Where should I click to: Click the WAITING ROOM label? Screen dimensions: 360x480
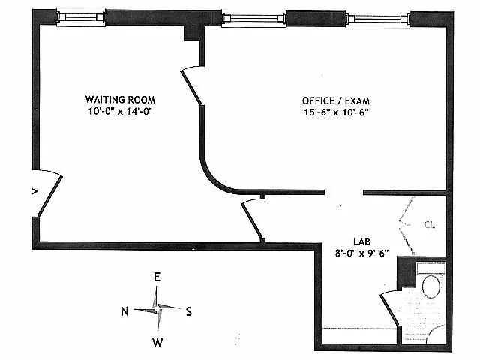[120, 99]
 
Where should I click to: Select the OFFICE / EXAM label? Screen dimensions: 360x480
[336, 100]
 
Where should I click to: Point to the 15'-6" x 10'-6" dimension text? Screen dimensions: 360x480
[336, 112]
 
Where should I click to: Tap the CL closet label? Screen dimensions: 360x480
[430, 224]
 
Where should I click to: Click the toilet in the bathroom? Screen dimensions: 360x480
[430, 286]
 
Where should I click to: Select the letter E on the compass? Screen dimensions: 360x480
[157, 277]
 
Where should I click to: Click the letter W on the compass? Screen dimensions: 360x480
[158, 343]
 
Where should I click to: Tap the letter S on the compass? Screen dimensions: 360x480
[189, 310]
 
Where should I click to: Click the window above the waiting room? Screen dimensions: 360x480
[82, 16]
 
